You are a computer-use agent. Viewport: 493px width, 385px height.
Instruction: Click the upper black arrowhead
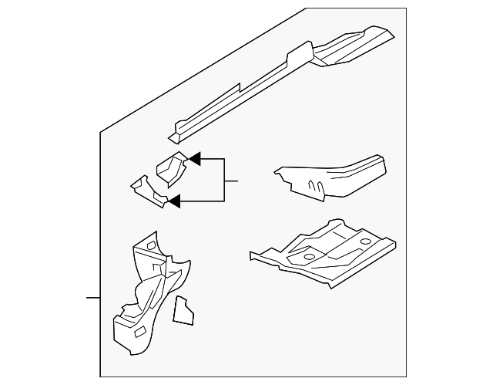195,159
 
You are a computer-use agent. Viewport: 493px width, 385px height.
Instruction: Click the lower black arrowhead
174,201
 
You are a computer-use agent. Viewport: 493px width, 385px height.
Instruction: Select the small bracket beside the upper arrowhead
171,168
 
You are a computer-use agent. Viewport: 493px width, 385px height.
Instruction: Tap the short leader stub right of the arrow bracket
231,181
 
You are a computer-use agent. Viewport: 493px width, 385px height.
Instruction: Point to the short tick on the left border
92,297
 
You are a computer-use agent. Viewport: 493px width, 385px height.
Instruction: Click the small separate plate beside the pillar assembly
183,309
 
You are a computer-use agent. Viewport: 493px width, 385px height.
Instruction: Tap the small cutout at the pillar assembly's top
151,246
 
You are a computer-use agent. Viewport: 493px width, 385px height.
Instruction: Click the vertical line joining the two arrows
224,180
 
